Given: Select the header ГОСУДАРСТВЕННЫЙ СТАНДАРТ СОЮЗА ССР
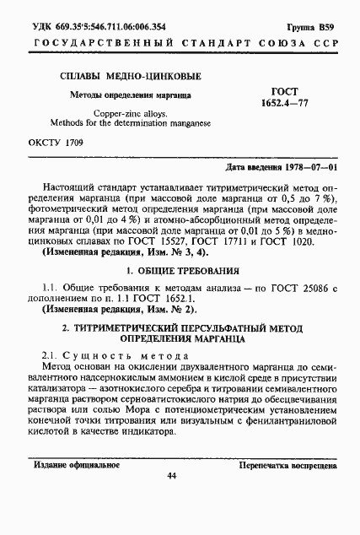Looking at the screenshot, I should coord(180,35).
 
